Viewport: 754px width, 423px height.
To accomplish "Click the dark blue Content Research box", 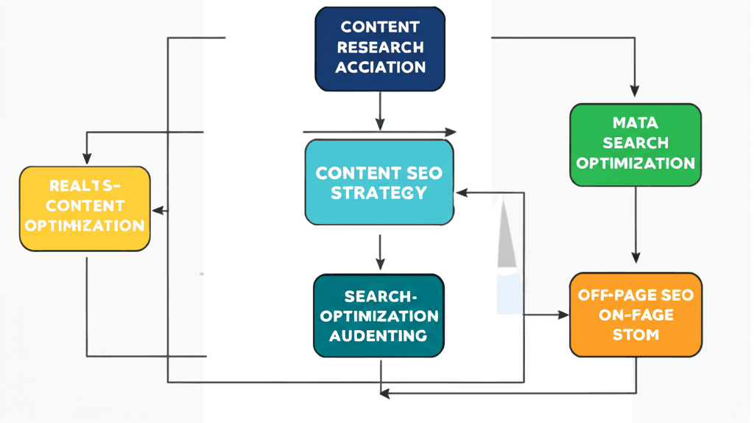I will click(x=380, y=49).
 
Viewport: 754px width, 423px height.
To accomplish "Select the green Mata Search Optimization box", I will click(x=635, y=144).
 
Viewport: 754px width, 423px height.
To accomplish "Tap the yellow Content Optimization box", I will click(x=85, y=209).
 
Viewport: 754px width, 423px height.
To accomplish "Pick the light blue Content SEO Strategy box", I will click(x=379, y=181).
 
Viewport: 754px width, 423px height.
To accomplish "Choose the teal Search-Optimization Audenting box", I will click(x=379, y=316).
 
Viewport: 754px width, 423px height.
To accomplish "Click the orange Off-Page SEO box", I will click(x=635, y=315).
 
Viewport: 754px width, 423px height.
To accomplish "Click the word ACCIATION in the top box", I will click(x=380, y=67).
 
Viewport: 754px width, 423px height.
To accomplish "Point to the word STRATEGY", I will click(x=378, y=193).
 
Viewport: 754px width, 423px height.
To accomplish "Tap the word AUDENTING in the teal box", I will click(x=378, y=335).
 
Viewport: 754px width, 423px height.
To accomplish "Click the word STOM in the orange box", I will click(x=635, y=335).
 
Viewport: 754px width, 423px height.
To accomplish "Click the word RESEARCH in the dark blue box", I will click(x=380, y=47).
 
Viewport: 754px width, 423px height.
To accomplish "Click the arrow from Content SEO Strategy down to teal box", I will click(x=380, y=252).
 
